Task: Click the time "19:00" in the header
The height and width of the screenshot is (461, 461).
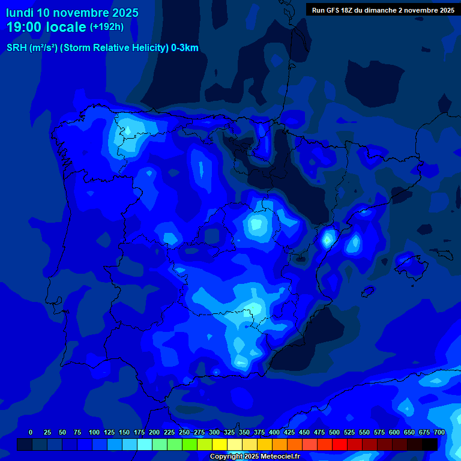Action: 25,27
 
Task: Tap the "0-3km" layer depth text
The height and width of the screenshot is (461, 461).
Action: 185,48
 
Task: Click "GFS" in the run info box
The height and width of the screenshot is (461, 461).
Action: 334,10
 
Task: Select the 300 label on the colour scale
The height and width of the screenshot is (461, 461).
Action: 214,432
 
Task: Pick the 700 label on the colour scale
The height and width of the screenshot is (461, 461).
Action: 439,432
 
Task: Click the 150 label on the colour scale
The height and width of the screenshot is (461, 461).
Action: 124,432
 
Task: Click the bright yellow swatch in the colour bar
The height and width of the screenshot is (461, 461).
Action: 220,444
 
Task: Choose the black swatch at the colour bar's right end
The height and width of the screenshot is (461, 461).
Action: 430,444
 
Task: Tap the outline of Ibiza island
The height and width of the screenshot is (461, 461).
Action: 367,291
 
